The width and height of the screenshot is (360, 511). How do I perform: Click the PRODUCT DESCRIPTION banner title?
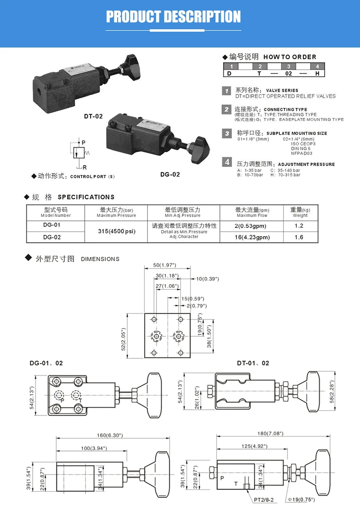173,17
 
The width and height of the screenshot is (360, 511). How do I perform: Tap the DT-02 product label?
94,117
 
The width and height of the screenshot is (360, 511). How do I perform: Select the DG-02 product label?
170,174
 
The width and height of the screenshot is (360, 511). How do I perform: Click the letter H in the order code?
317,74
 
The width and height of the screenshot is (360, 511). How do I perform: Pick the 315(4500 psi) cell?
116,231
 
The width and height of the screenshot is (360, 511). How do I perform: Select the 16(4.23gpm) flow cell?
252,237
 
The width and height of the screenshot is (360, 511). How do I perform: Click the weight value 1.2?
299,226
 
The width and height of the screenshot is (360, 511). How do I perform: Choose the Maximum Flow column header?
252,213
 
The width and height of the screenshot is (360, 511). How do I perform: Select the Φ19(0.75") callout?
301,499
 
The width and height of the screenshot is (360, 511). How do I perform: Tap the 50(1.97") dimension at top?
164,265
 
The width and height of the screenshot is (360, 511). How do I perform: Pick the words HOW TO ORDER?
290,57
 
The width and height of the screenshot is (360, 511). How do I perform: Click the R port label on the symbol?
84,167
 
